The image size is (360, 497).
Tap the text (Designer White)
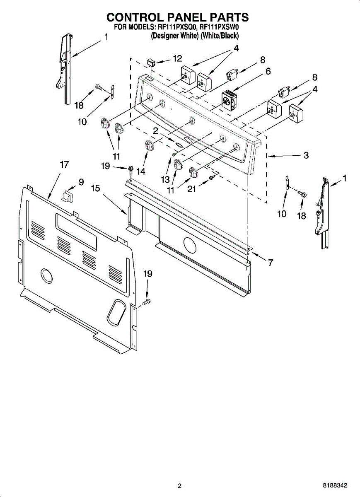174,36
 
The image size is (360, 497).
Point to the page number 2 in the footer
179,486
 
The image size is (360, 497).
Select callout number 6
268,71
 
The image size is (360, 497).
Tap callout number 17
64,164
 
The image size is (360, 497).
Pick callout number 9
81,181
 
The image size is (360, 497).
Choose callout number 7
270,262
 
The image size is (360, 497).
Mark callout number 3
306,156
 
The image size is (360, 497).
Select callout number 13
166,179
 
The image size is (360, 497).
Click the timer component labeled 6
228,99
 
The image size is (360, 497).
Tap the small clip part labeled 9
68,195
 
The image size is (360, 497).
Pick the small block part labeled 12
151,63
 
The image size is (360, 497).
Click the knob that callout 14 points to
149,145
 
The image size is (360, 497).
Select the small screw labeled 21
212,177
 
